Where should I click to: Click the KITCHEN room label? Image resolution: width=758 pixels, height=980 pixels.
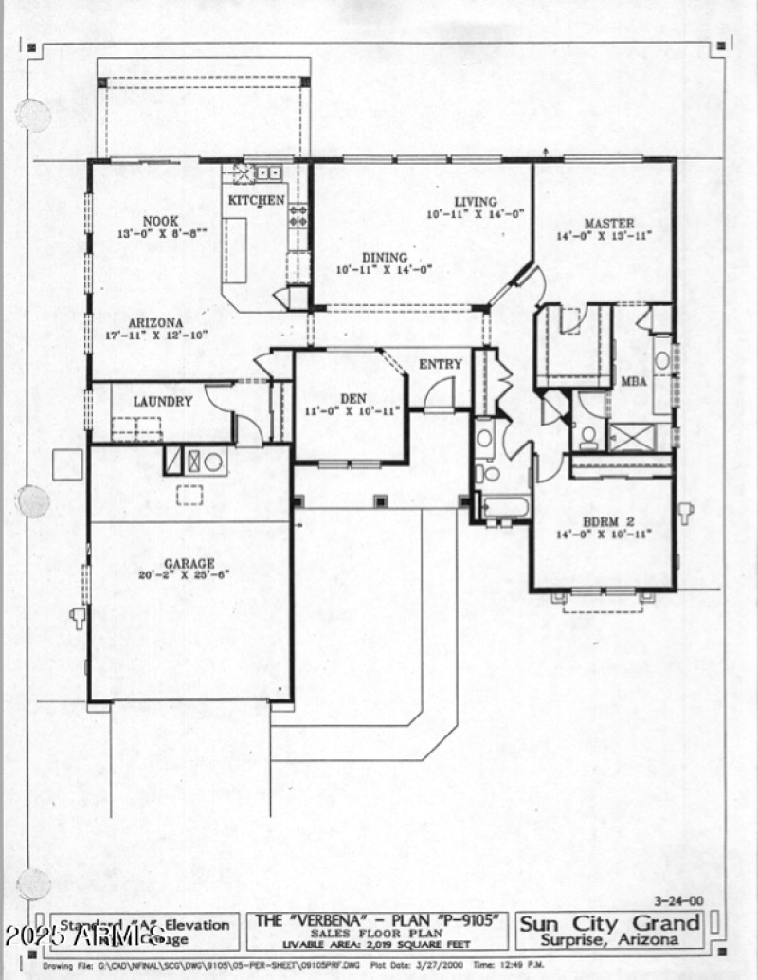pyautogui.click(x=256, y=200)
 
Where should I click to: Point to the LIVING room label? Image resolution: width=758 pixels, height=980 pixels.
pyautogui.click(x=475, y=202)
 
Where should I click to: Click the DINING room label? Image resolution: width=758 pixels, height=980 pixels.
pyautogui.click(x=384, y=257)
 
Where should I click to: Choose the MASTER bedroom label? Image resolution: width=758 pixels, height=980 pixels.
pyautogui.click(x=608, y=224)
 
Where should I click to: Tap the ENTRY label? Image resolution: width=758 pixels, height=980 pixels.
pyautogui.click(x=441, y=364)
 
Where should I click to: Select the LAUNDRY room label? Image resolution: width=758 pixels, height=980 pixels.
pyautogui.click(x=162, y=401)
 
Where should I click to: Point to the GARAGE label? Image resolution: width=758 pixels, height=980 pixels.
pyautogui.click(x=189, y=563)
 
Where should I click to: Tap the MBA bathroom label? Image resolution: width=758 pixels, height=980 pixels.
pyautogui.click(x=634, y=381)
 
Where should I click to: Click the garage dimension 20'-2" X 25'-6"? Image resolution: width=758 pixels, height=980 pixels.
pyautogui.click(x=189, y=575)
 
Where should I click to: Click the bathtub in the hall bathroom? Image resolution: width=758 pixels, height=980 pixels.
pyautogui.click(x=504, y=506)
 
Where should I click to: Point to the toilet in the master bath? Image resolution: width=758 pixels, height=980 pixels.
pyautogui.click(x=587, y=436)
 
